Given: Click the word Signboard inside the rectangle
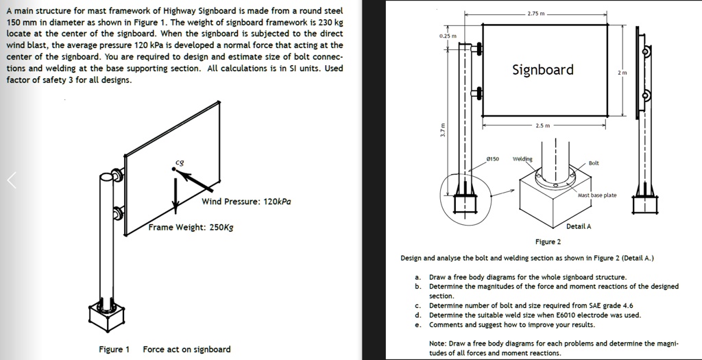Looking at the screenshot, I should pos(543,70).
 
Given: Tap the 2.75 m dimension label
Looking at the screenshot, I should pos(537,14).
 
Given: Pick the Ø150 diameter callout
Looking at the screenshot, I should pos(492,158).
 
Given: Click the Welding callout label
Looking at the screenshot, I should pos(522,158).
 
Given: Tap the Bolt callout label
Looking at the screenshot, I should pos(594,163).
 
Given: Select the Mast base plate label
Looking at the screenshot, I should pos(597,195).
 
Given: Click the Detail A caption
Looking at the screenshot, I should pos(579,226).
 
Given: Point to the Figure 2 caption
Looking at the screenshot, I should pos(548,241).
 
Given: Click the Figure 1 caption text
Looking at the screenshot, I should pos(114,349).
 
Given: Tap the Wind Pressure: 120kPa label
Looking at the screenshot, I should pos(246,202).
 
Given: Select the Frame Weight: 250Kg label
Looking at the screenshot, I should pos(191,227).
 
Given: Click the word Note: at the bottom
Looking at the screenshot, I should pos(439,343).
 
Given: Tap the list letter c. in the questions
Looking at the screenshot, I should pos(417,306).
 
